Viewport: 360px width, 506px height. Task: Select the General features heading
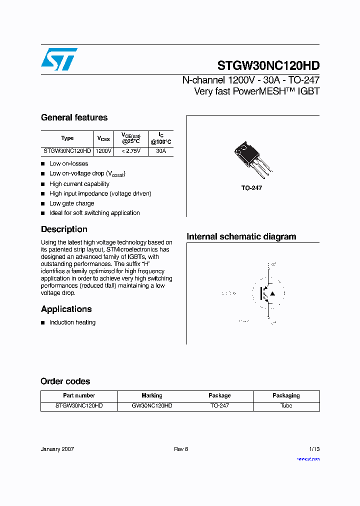[74, 118]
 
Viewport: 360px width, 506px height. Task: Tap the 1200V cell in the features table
[103, 150]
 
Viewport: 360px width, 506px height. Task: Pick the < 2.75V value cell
[131, 150]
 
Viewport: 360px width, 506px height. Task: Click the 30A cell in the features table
[160, 150]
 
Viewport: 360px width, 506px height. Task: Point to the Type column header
[67, 138]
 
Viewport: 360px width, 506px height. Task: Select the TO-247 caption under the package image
[251, 188]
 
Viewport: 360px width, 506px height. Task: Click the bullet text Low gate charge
[71, 203]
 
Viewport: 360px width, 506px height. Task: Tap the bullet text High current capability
[79, 184]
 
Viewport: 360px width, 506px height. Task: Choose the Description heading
[64, 229]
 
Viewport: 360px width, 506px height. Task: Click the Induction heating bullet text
[72, 322]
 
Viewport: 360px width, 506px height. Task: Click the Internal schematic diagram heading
[241, 237]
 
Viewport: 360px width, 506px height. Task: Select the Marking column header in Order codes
[152, 395]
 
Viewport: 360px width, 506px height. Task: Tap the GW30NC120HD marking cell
[152, 405]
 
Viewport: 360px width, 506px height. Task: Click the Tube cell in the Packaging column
[286, 405]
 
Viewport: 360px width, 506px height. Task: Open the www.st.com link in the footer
[308, 459]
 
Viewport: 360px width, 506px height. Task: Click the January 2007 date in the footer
[57, 449]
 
